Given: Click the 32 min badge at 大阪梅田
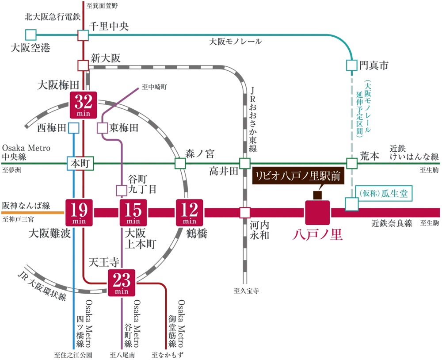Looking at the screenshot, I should pos(84,105).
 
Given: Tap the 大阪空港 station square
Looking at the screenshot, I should pos(30,34).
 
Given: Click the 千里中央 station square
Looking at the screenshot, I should pos(84,35).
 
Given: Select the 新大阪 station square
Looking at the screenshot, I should pos(84,66).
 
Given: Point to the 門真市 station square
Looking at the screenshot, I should pos(351,65).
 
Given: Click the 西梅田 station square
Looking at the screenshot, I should pos(73,128).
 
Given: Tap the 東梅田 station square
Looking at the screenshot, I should pos(102,128).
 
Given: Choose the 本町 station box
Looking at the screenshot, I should pos(80,163).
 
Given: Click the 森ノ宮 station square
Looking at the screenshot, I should pos(180,163).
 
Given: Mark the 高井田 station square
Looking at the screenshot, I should pos(244,163).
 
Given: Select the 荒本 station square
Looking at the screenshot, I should pos(351,163).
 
